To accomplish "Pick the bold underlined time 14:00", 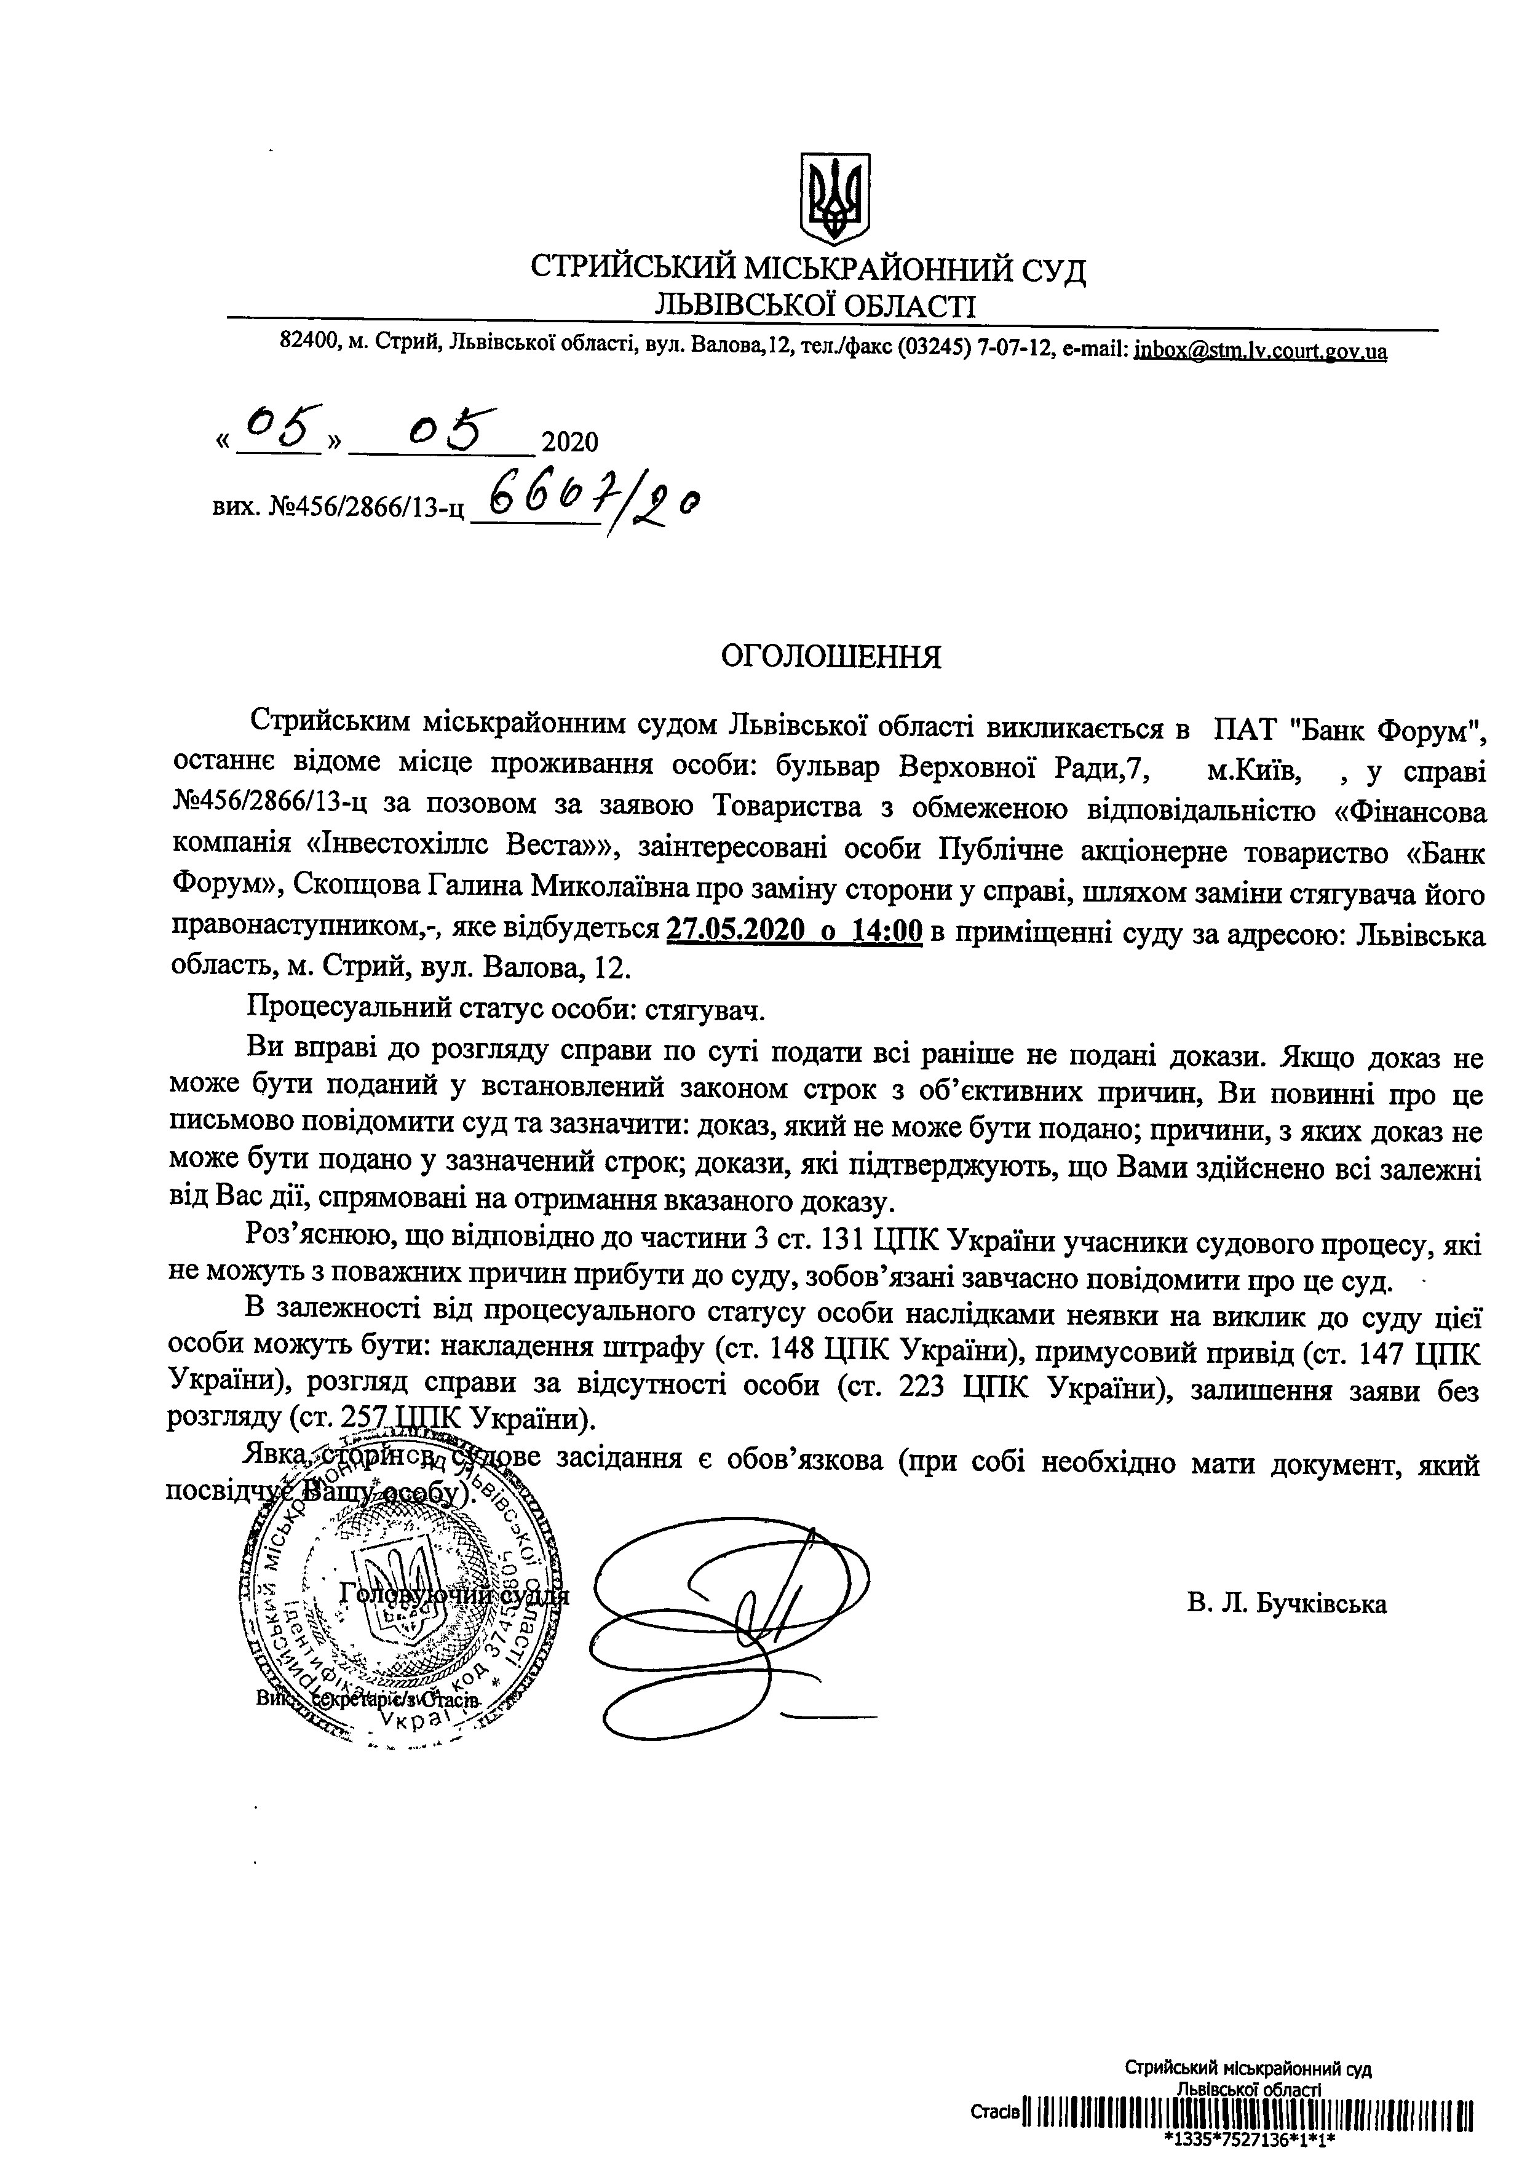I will point(887,932).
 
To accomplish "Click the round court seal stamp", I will point(398,1603).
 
